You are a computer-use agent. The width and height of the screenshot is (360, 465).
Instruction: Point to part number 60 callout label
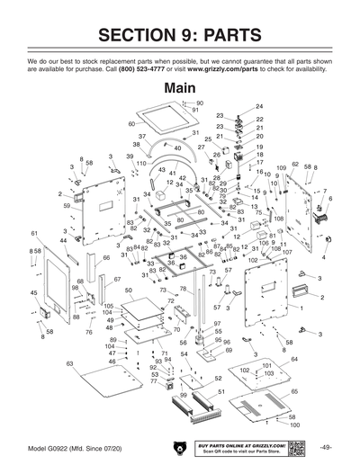pyautogui.click(x=131, y=123)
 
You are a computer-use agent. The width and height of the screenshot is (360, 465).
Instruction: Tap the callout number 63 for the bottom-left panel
pyautogui.click(x=69, y=363)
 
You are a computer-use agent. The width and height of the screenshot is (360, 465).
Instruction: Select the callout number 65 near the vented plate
pyautogui.click(x=294, y=392)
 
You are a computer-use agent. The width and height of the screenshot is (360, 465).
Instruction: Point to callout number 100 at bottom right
pyautogui.click(x=294, y=425)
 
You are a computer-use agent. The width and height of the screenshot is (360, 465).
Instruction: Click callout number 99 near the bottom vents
pyautogui.click(x=184, y=395)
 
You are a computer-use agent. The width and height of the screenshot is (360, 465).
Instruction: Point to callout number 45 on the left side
pyautogui.click(x=34, y=292)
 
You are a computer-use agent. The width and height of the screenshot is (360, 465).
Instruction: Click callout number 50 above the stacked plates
pyautogui.click(x=129, y=291)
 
